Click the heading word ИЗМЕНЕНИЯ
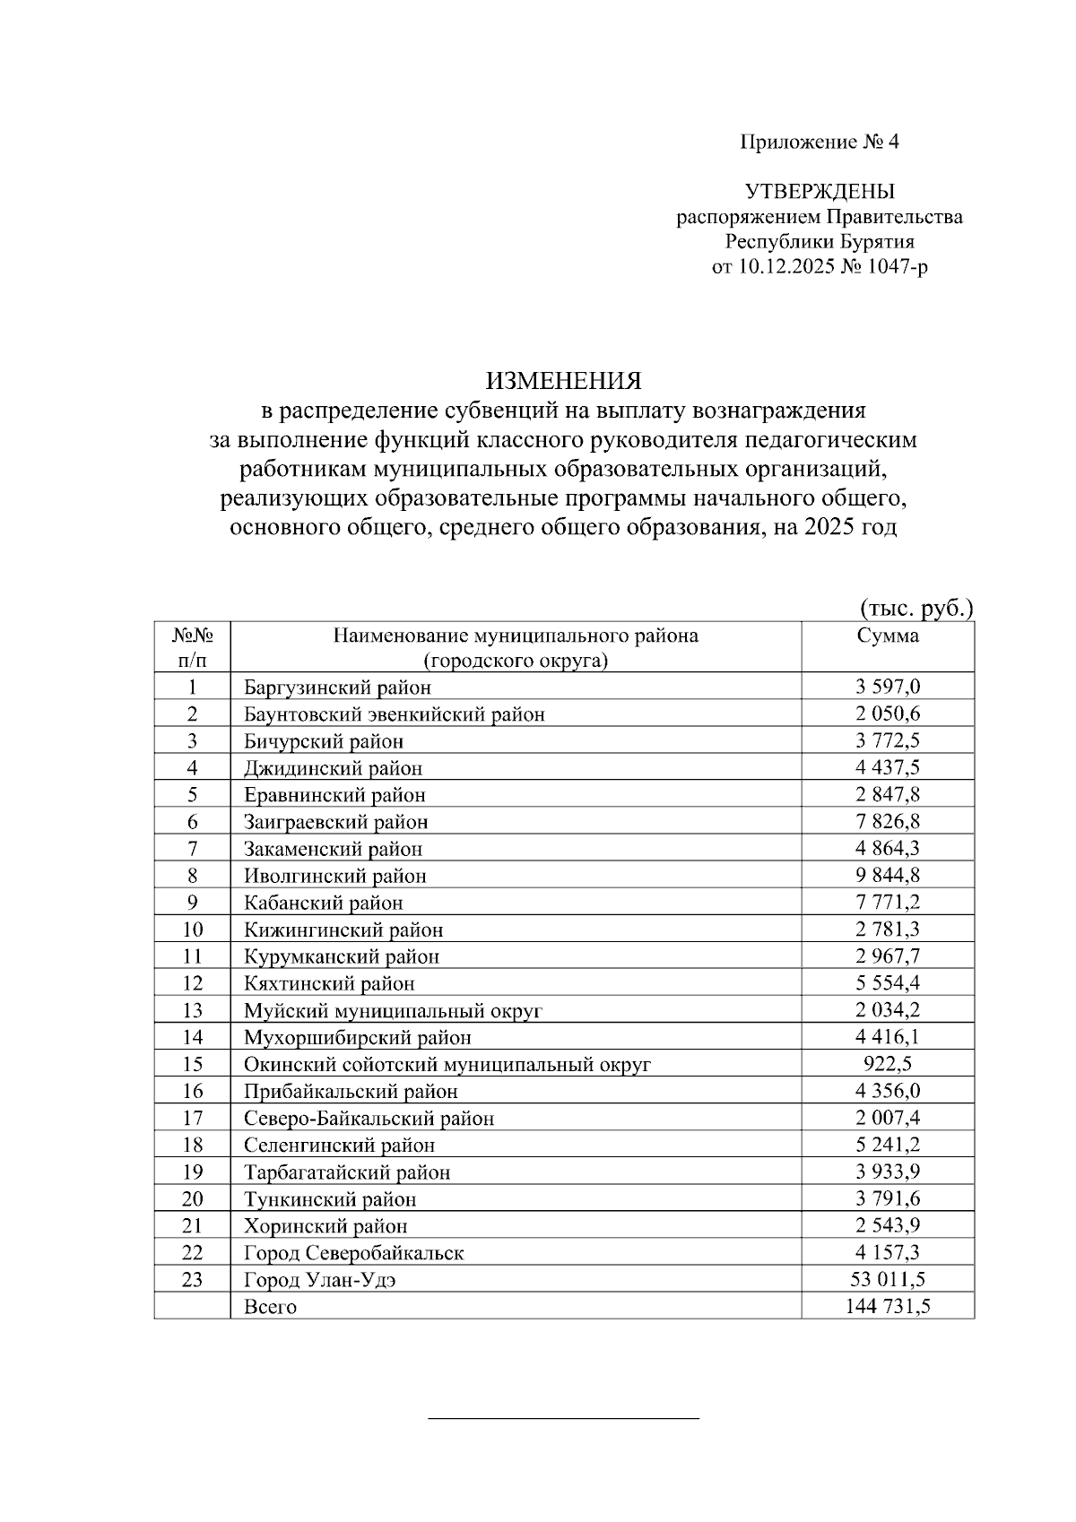pos(564,381)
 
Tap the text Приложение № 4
pos(819,142)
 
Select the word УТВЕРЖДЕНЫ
pos(819,191)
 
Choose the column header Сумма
pos(887,636)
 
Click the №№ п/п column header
pos(192,648)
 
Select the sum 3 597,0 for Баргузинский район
pos(887,687)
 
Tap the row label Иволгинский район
pos(334,876)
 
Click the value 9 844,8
pos(887,876)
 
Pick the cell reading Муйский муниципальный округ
pos(393,1011)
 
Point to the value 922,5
pos(887,1064)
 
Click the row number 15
pos(192,1064)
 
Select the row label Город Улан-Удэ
pos(320,1280)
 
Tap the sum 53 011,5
pos(887,1279)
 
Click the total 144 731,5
pos(887,1306)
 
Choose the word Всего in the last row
pos(270,1307)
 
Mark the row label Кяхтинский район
pos(329,984)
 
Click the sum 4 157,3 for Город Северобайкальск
pos(887,1252)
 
